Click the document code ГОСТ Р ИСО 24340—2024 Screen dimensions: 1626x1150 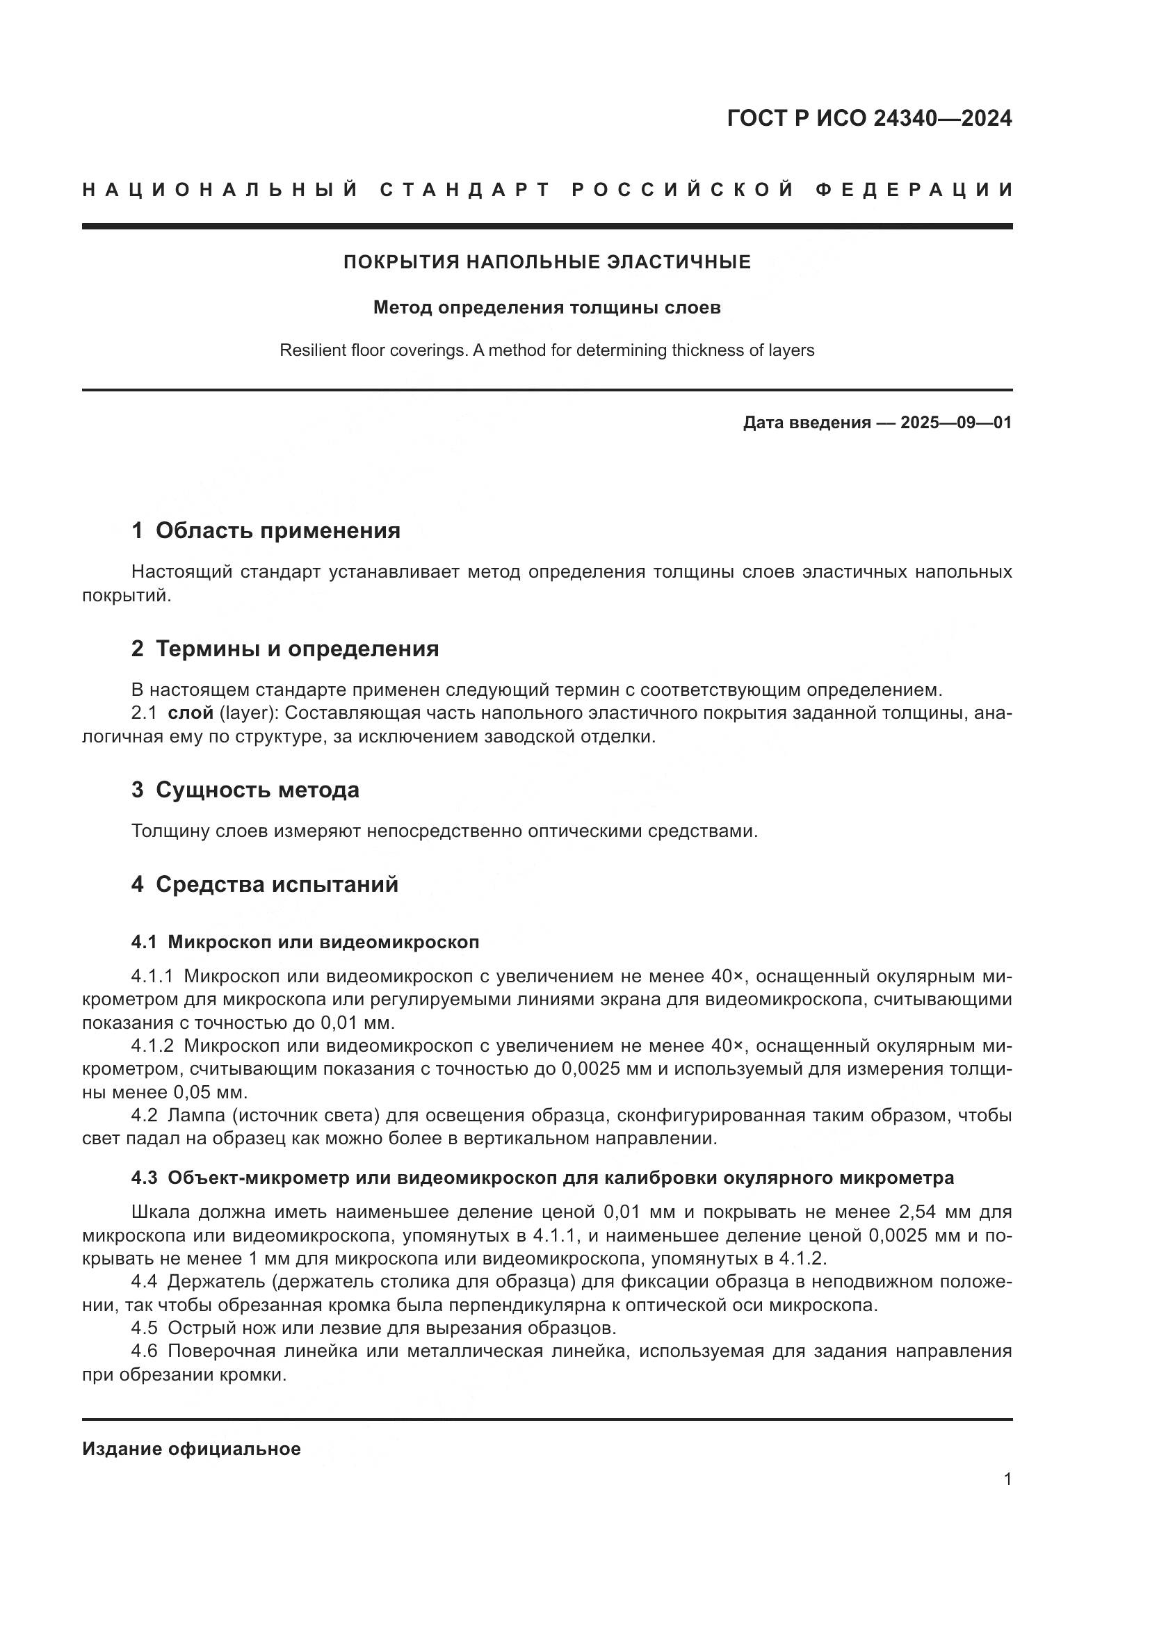tap(869, 119)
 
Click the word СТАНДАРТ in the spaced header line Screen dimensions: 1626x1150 tap(464, 190)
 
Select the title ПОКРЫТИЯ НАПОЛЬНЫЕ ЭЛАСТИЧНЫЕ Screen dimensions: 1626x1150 tap(546, 263)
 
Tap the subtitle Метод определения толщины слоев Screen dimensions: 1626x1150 tap(546, 308)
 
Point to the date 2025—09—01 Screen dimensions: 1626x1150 tap(955, 423)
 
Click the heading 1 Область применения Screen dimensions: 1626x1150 tap(266, 530)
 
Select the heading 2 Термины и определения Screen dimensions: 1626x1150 tap(284, 649)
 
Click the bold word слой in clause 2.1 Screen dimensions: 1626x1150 tap(191, 713)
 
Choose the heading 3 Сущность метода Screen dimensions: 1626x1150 tap(245, 790)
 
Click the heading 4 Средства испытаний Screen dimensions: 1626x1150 tap(265, 884)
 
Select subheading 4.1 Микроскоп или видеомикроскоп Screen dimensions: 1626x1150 tap(305, 943)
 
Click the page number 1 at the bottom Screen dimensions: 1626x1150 tap(1007, 1479)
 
